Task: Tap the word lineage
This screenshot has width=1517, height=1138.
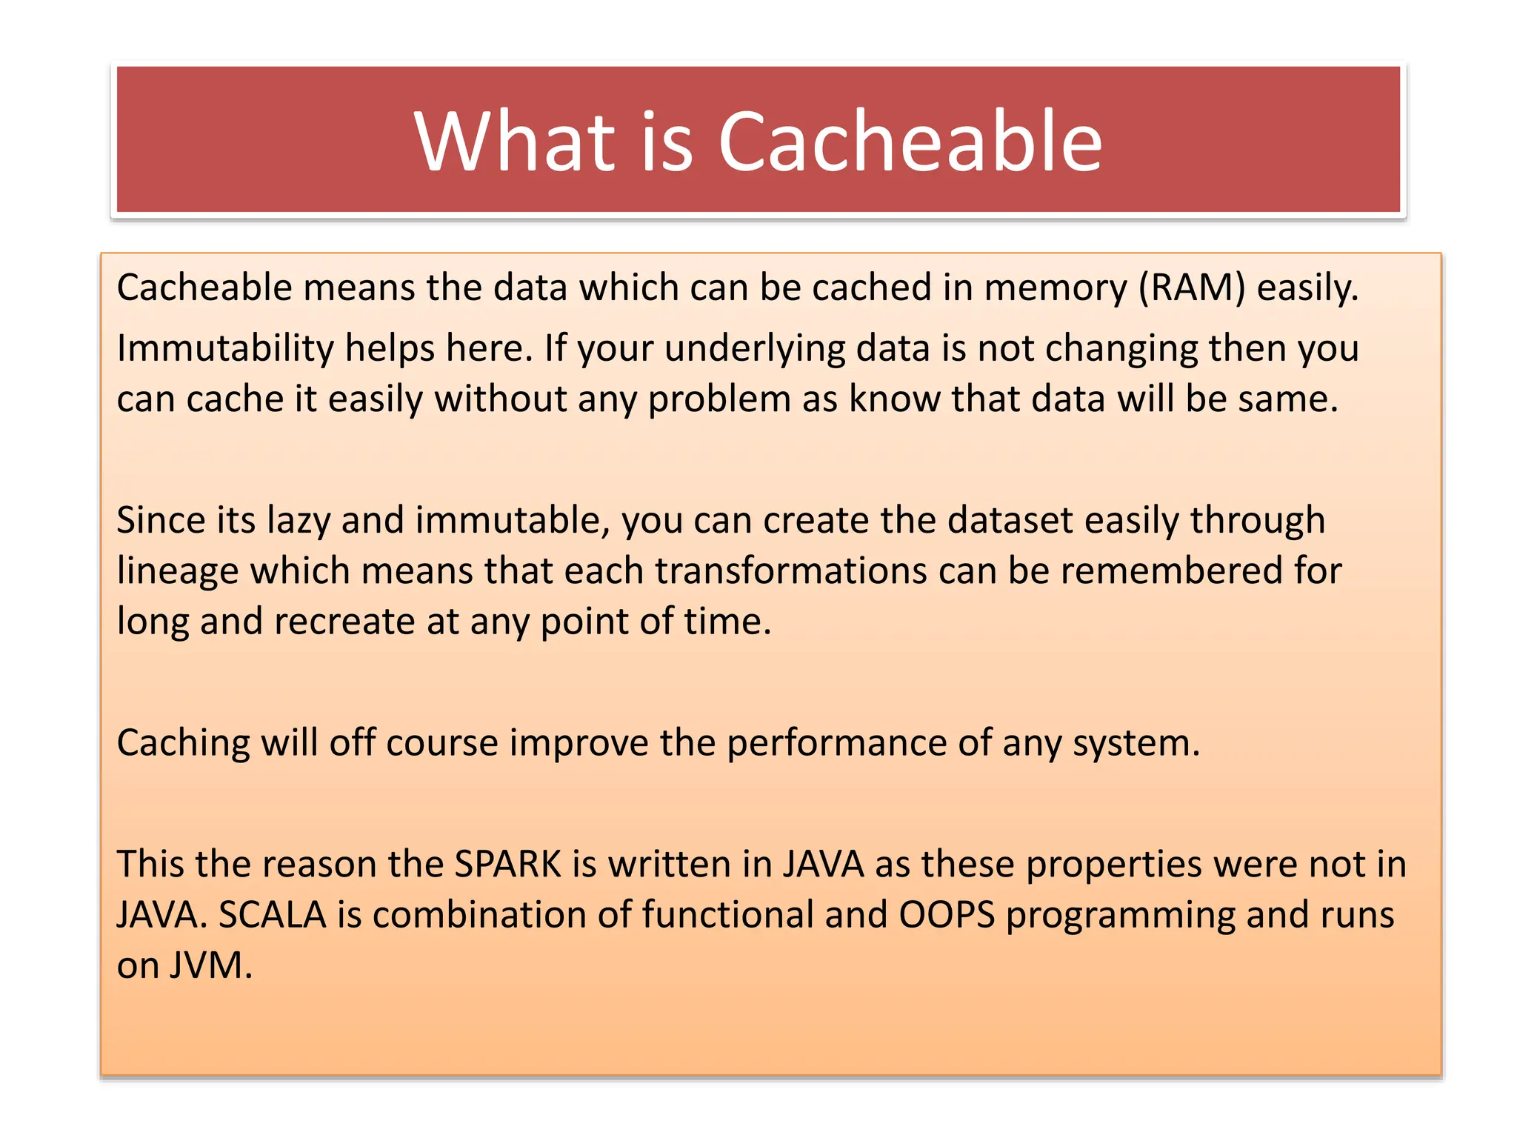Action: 177,571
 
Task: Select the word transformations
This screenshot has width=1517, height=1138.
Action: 790,571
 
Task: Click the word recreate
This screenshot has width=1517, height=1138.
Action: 344,621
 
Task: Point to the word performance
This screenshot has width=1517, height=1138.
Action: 836,742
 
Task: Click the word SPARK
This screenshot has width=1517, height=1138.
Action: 508,864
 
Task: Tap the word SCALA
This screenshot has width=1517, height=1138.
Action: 272,915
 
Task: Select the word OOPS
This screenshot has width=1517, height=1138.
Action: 947,915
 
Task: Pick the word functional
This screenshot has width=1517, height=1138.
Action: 727,915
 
